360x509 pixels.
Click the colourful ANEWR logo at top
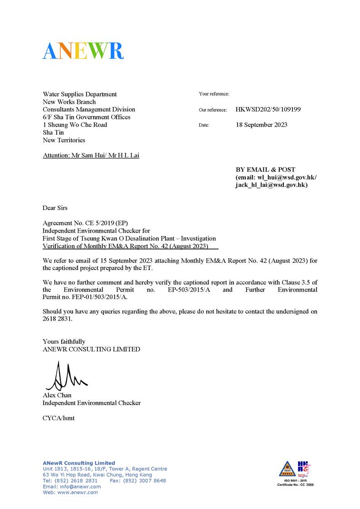(x=83, y=51)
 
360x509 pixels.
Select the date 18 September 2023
(x=261, y=125)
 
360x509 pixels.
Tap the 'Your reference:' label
(x=214, y=94)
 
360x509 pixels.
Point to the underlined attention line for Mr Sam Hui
(x=91, y=156)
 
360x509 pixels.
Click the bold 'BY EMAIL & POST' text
(x=265, y=170)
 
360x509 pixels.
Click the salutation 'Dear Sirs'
(x=55, y=208)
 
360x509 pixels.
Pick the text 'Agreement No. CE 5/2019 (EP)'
(x=86, y=224)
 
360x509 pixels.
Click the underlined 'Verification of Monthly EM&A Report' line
(x=125, y=246)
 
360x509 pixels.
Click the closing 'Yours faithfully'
(x=64, y=341)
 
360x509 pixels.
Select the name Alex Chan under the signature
(x=57, y=395)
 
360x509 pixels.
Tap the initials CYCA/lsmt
(x=58, y=418)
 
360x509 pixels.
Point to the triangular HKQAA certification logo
(x=287, y=470)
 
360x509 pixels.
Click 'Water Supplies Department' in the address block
(x=80, y=94)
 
